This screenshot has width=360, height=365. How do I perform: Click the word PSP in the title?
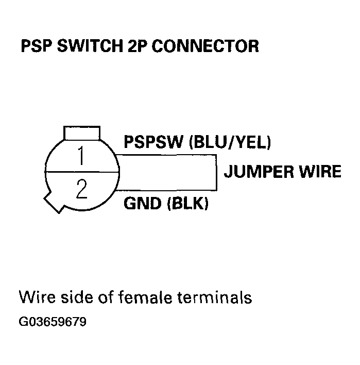[x=36, y=46]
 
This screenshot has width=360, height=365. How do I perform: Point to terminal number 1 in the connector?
[x=80, y=156]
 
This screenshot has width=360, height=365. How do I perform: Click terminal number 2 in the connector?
[x=81, y=189]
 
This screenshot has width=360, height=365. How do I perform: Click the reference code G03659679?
[x=53, y=322]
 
